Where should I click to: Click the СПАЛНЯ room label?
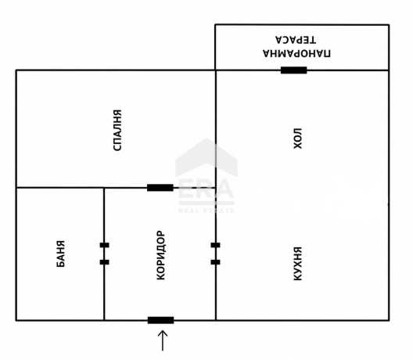(x=117, y=130)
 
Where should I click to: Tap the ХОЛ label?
(x=298, y=139)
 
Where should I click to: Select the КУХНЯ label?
(x=298, y=264)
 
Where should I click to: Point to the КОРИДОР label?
(x=160, y=255)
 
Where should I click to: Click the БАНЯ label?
(x=61, y=254)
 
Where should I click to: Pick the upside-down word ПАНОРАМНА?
(x=297, y=53)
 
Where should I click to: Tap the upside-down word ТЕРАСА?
(x=296, y=40)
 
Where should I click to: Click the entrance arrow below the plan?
(x=163, y=340)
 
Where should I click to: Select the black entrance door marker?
(x=160, y=320)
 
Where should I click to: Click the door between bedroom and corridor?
(x=160, y=188)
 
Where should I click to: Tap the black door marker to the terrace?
(x=293, y=70)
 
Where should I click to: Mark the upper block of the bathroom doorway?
(x=104, y=245)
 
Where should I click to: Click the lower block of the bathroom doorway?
(x=104, y=262)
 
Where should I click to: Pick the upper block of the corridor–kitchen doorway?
(x=215, y=245)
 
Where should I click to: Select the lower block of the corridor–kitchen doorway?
(x=215, y=262)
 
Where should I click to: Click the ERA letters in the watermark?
(x=206, y=189)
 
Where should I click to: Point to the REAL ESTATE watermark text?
(x=206, y=211)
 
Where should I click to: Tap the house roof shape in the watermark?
(x=206, y=157)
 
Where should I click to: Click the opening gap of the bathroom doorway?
(x=104, y=254)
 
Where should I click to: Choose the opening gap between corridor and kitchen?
(x=215, y=254)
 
